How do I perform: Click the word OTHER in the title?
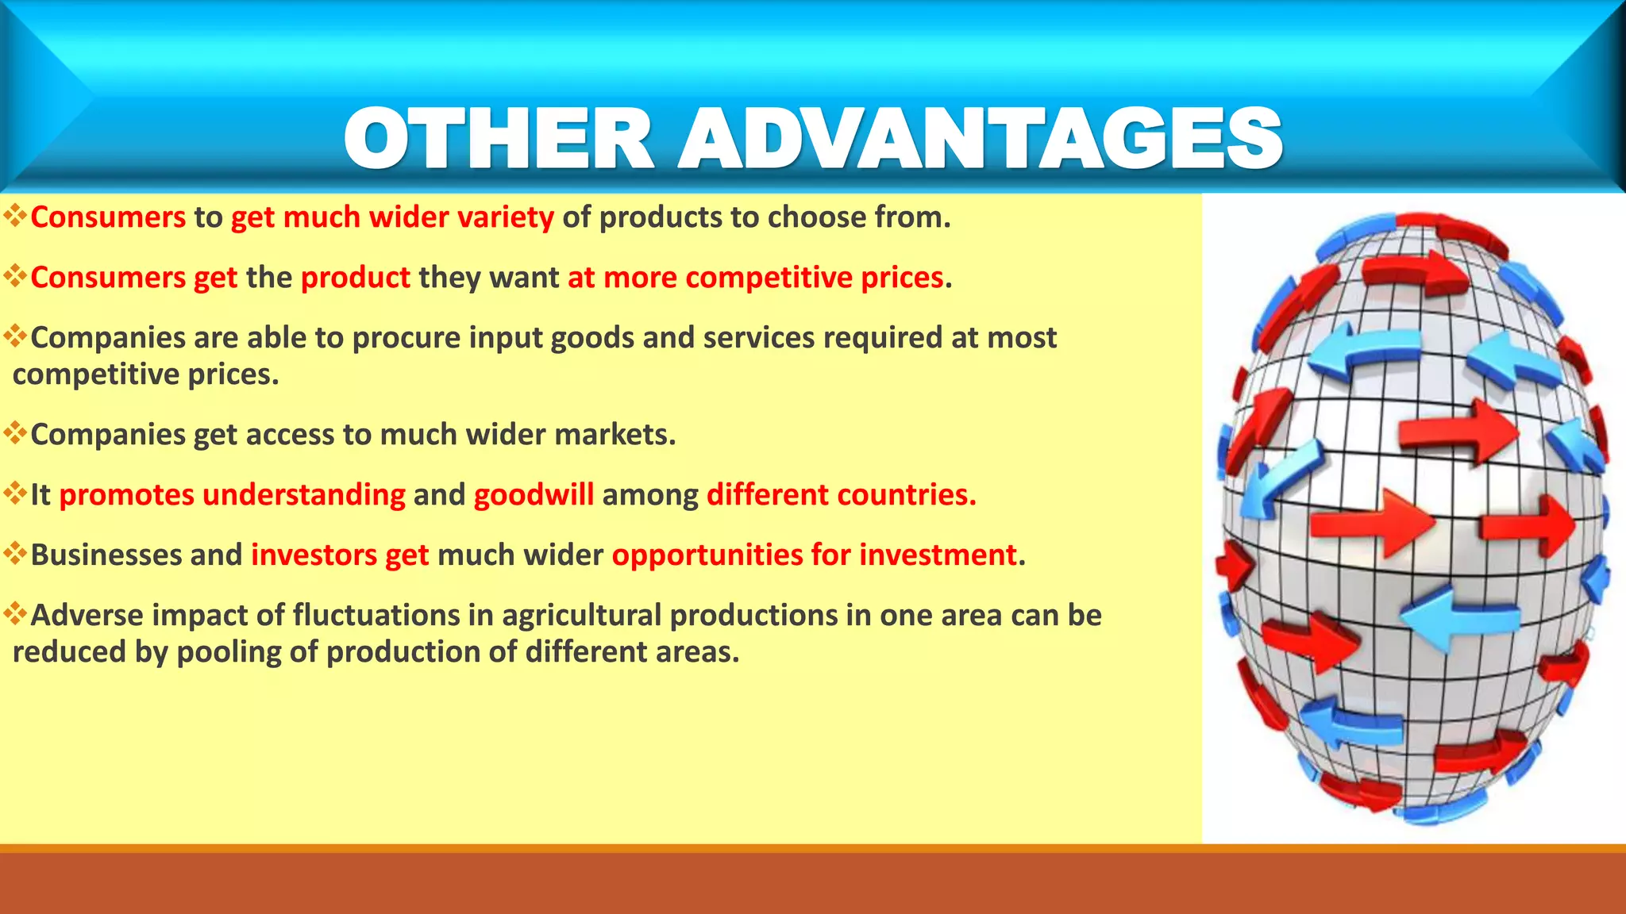(499, 139)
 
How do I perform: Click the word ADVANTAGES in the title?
(980, 139)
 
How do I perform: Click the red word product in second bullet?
(356, 278)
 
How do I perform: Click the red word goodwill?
(534, 495)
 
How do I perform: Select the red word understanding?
(304, 495)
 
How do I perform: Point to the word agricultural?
(581, 616)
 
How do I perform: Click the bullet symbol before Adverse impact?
(15, 613)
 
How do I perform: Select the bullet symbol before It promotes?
(15, 492)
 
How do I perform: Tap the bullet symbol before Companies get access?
(15, 432)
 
